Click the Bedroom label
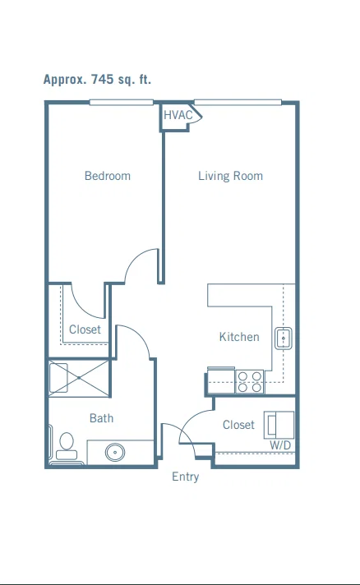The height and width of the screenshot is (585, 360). click(108, 176)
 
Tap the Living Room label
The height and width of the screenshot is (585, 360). click(231, 176)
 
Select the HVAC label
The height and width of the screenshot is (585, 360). click(178, 115)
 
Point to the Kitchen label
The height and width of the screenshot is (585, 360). click(239, 337)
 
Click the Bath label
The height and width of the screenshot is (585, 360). click(101, 418)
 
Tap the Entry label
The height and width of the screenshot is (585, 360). click(186, 477)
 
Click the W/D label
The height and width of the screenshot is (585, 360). click(280, 445)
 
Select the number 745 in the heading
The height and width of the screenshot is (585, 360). click(102, 79)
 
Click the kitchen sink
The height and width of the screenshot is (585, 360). click(283, 339)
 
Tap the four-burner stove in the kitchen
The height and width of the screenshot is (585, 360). click(250, 382)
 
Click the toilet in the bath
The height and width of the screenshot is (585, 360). click(67, 446)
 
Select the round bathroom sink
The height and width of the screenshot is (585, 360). click(115, 452)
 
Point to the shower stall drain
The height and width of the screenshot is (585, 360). click(79, 378)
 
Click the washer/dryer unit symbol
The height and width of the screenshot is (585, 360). click(279, 425)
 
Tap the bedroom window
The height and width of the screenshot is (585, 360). click(122, 102)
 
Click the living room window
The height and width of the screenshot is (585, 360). click(238, 102)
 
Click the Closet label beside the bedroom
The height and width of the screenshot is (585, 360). click(85, 329)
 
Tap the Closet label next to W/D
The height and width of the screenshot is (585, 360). click(238, 425)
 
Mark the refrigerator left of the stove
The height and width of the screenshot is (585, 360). click(221, 380)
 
